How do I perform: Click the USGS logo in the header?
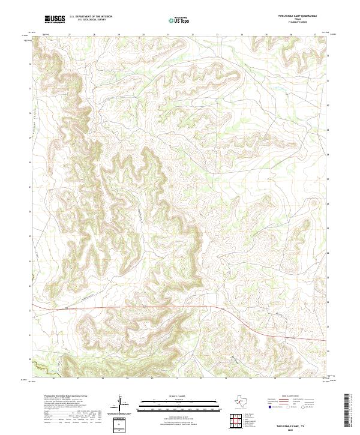click(55, 20)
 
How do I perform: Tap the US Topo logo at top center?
click(180, 20)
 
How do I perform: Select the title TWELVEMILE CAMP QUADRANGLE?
click(298, 15)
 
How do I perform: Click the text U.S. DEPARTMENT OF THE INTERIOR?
click(91, 17)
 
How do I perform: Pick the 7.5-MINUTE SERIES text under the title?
click(298, 22)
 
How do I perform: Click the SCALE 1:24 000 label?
click(179, 396)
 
